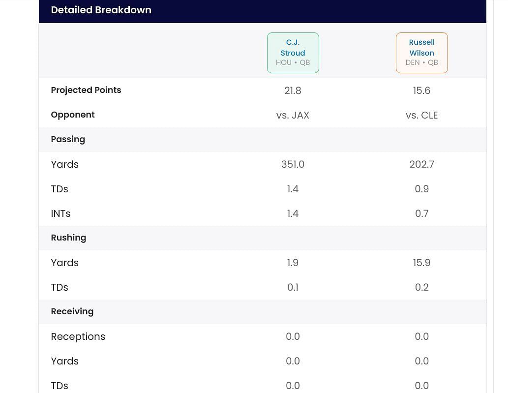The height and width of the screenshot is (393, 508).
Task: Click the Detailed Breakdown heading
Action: pos(101,10)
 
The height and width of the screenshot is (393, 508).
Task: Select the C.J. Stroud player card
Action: pos(293,53)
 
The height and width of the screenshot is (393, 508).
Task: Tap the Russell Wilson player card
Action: pos(421,53)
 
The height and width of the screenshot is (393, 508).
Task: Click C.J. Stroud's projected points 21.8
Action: pos(293,91)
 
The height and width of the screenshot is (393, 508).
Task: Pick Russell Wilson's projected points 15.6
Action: pos(421,91)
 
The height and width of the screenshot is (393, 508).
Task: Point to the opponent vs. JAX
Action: pos(293,115)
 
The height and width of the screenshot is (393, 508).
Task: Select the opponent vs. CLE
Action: pos(421,115)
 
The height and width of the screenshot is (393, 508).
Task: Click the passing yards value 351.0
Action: pos(293,164)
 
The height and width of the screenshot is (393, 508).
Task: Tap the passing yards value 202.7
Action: pos(421,164)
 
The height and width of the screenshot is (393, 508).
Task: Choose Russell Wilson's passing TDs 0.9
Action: pos(421,189)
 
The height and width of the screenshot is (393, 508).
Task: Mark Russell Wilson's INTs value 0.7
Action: pos(421,213)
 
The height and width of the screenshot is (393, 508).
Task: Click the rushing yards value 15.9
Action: pos(421,263)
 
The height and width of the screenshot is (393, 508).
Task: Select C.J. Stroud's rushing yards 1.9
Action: pos(293,263)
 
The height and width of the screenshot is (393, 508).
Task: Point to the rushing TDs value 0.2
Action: pos(421,287)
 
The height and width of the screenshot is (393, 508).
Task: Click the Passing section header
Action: pos(68,139)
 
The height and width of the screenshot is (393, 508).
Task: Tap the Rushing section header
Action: pos(68,238)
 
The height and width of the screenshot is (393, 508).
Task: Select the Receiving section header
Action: pos(72,311)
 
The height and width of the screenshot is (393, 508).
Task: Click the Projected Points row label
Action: pos(86,90)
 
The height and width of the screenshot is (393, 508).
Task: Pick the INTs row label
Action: pos(60,213)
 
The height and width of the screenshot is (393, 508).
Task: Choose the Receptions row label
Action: pos(78,336)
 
